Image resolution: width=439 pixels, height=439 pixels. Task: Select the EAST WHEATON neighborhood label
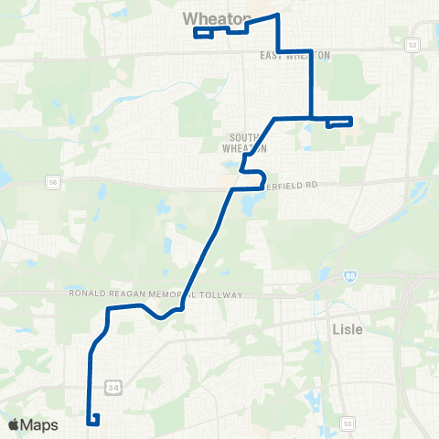pos(294,55)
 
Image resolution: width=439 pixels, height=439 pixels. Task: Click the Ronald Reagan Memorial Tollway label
pos(156,294)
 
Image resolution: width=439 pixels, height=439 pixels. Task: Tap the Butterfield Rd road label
pos(290,184)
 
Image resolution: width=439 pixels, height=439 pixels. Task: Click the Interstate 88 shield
pos(352,274)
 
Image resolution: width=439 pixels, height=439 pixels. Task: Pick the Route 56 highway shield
pos(52,185)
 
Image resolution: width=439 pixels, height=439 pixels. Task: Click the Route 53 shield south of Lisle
pos(347,423)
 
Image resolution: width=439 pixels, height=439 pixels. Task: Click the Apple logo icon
pos(13,424)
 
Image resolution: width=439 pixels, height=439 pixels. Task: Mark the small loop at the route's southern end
pos(93,419)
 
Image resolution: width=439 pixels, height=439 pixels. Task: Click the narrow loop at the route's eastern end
pos(338,121)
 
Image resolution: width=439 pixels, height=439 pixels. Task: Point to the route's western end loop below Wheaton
pos(202,34)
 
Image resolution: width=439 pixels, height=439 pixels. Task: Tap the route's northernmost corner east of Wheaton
pos(277,16)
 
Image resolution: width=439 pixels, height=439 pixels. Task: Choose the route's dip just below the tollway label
pos(161,316)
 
